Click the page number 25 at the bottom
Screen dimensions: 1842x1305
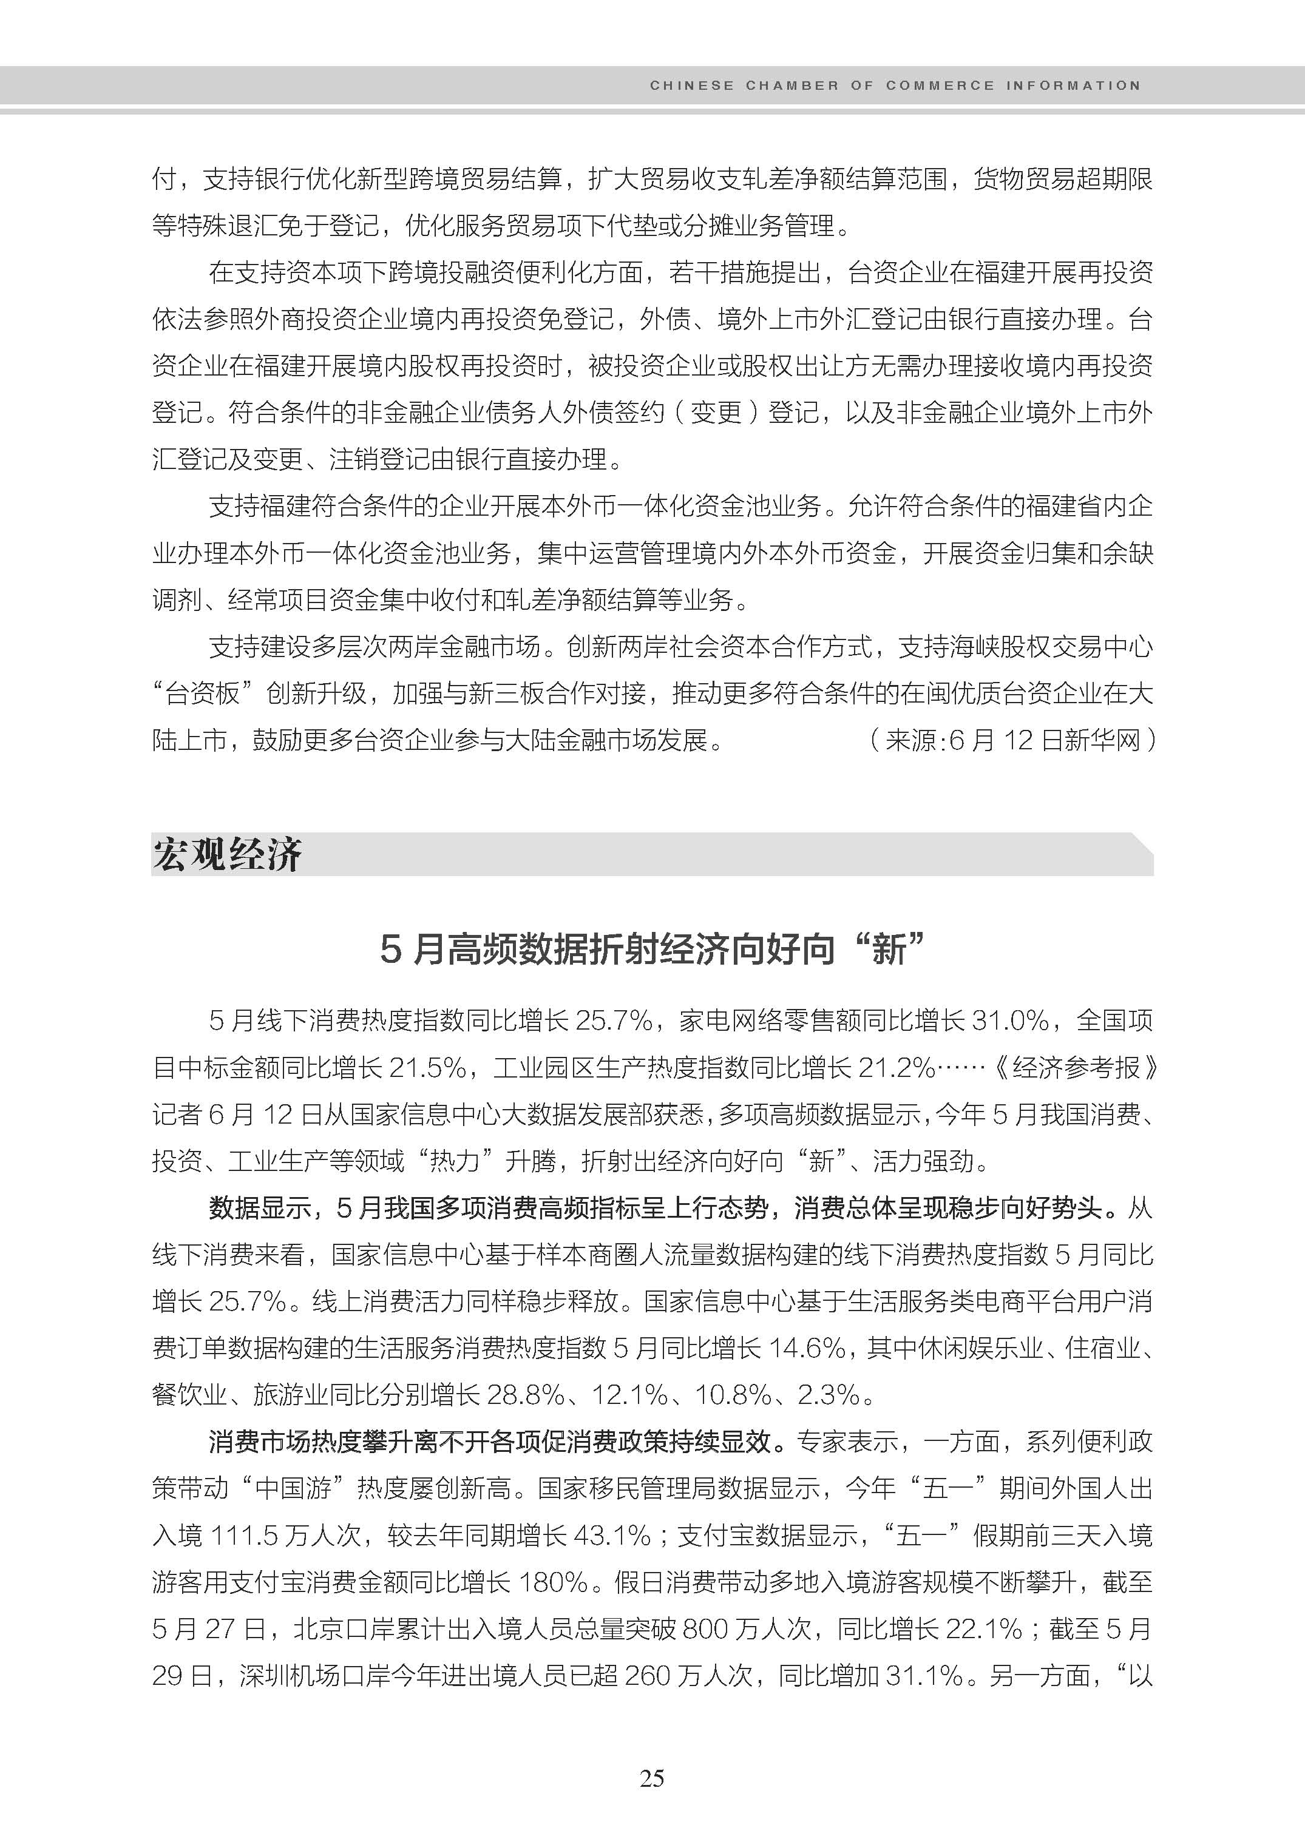pos(652,1778)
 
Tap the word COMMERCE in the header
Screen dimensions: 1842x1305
pos(940,85)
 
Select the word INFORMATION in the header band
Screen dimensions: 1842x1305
pos(1073,85)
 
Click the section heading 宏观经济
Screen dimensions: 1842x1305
pos(228,854)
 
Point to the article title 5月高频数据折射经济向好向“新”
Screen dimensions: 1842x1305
pos(652,950)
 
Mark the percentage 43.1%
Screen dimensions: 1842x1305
pos(611,1535)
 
